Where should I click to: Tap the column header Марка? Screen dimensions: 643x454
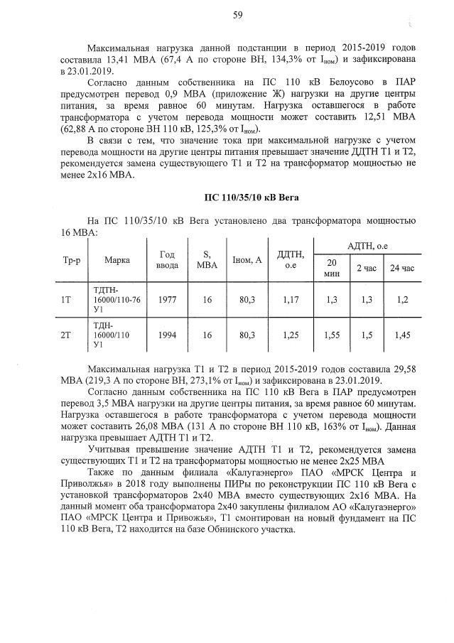(117, 260)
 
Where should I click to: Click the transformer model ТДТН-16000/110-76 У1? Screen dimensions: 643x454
(117, 300)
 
